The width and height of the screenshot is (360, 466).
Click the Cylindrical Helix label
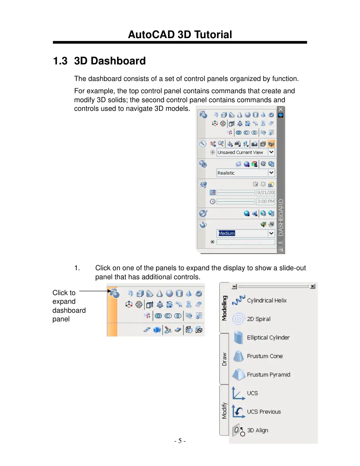(x=267, y=300)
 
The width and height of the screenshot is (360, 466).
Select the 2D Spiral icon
(x=238, y=319)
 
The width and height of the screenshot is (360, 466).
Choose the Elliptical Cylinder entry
(x=268, y=338)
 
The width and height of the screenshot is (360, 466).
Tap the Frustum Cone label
(x=265, y=356)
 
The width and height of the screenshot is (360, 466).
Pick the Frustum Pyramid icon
(x=239, y=375)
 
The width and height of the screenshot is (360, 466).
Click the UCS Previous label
(x=264, y=412)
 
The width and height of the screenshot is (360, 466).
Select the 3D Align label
(x=258, y=430)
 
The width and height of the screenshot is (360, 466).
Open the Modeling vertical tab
(x=224, y=308)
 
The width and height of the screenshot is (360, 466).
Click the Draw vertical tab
(x=224, y=359)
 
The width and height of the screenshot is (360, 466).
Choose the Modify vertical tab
(x=224, y=411)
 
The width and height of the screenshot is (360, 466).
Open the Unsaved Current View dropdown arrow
(x=271, y=152)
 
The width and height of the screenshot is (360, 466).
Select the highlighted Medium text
(x=226, y=233)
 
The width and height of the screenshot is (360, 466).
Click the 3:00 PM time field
(x=266, y=202)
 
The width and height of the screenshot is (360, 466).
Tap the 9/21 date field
(x=266, y=193)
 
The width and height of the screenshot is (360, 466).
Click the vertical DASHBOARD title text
(x=280, y=217)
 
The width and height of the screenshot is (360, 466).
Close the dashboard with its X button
(x=280, y=109)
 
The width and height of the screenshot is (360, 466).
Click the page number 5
(x=180, y=441)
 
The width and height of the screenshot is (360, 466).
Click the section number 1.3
(x=60, y=61)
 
